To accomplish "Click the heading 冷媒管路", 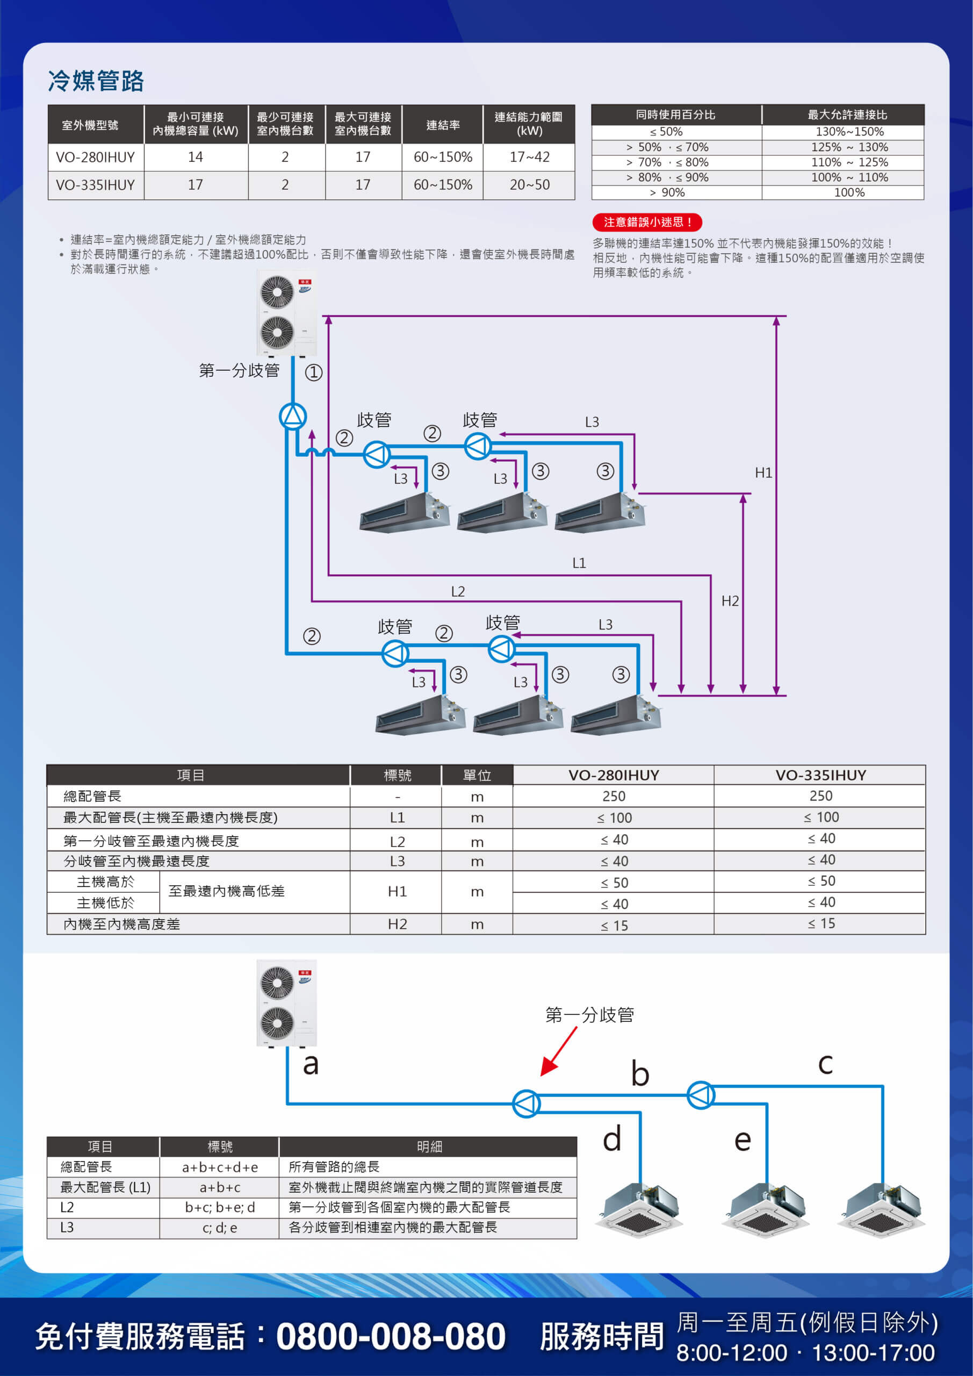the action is [x=96, y=81].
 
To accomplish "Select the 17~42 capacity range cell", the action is [x=529, y=157].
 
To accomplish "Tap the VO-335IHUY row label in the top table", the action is [x=95, y=185].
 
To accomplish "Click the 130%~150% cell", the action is [x=849, y=132].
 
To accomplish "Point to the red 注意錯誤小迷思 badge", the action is [x=647, y=223].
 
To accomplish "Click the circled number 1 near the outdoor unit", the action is [x=314, y=373].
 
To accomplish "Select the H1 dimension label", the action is [x=763, y=473].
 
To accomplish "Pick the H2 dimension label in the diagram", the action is [x=730, y=601].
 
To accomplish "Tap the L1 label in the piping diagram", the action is [x=579, y=563].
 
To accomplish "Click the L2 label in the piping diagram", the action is [x=458, y=591].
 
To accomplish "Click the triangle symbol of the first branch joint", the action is [x=293, y=417].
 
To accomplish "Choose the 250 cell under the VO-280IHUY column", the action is [x=614, y=796].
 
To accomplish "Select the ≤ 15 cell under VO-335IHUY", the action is [x=821, y=923].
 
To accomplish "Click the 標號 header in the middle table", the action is [x=397, y=776].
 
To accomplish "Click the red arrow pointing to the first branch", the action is [x=559, y=1051].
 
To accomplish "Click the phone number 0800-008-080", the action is [x=391, y=1336].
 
